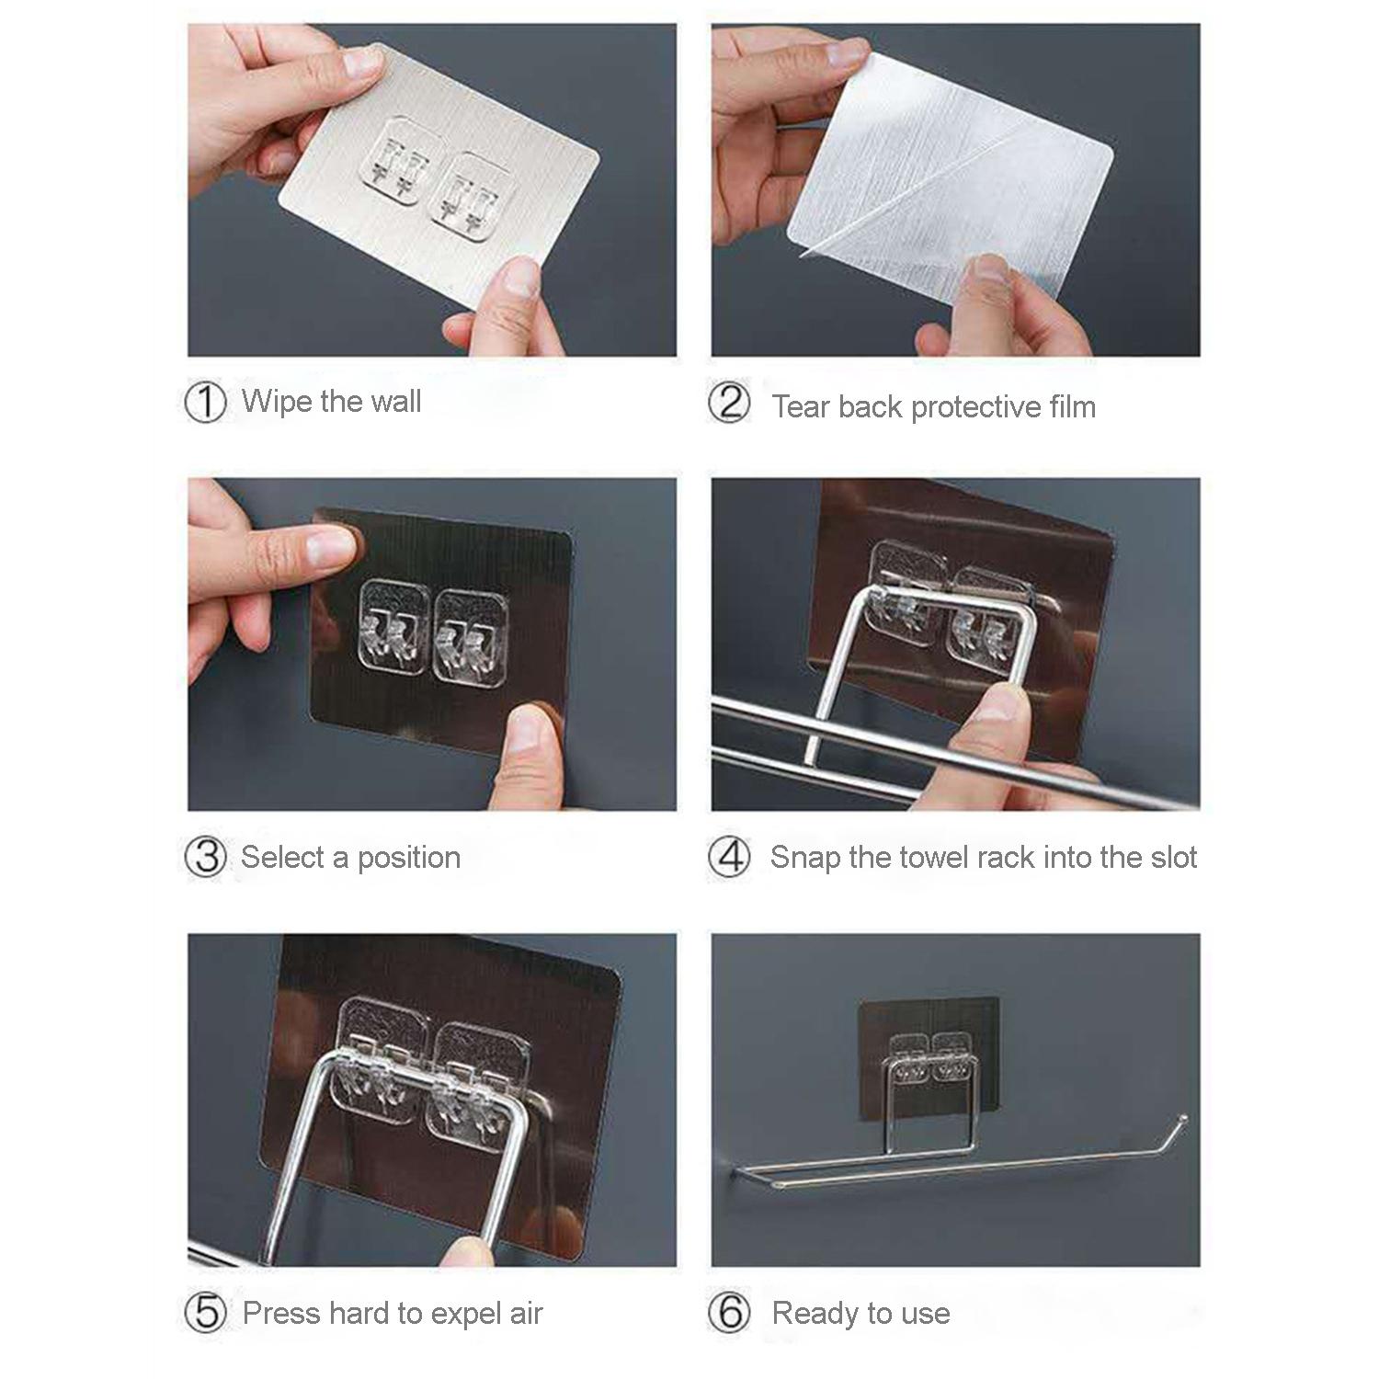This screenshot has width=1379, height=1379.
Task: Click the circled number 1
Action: [205, 403]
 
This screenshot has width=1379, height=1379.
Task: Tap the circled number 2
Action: [729, 404]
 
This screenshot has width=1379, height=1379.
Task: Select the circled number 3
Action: [205, 858]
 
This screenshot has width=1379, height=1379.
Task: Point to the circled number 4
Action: [729, 858]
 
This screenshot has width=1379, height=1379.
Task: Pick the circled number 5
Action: [205, 1313]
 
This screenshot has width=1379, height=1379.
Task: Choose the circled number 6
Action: [729, 1313]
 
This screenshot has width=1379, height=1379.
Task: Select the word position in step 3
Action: [409, 859]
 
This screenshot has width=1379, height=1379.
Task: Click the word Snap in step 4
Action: [805, 858]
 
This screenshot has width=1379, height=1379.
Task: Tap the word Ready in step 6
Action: [814, 1314]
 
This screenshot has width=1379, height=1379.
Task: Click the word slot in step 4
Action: [1169, 857]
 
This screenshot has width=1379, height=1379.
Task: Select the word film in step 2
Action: [1072, 405]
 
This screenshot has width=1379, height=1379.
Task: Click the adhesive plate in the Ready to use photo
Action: [929, 1057]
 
